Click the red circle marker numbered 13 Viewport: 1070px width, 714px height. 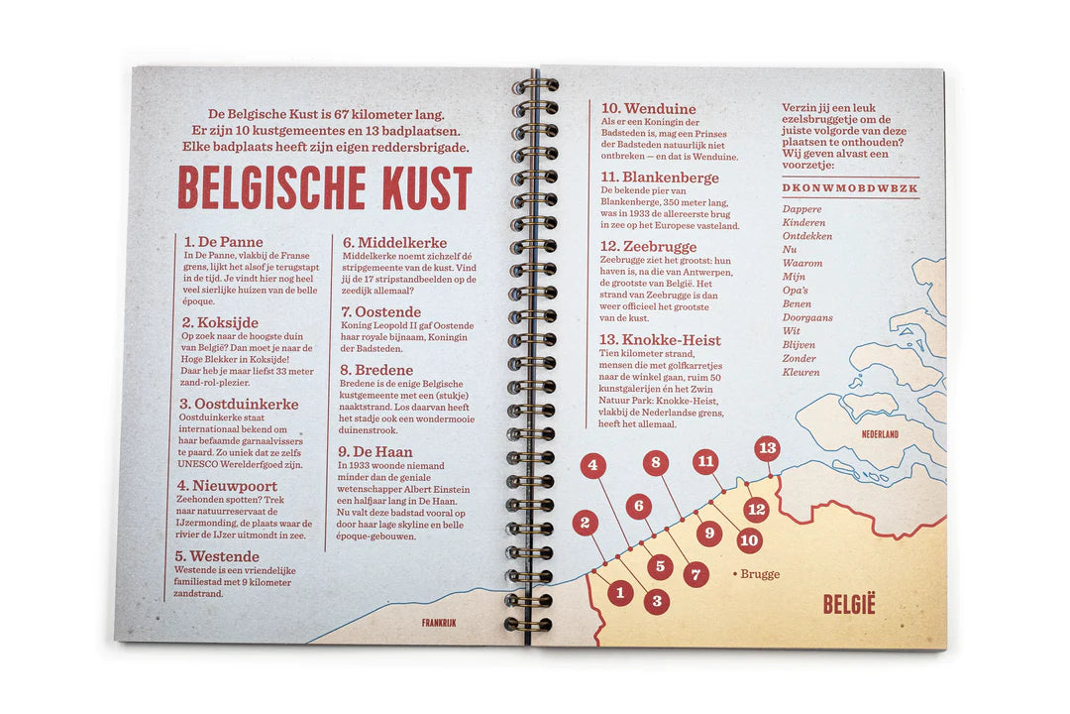(766, 448)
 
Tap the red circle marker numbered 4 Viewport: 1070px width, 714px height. (592, 465)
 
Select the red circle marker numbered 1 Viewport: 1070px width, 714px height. (620, 593)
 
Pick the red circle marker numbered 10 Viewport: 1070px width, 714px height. (749, 540)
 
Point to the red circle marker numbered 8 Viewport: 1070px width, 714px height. (655, 462)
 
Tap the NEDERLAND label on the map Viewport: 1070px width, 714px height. (879, 434)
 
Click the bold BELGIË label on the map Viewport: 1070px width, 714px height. (849, 604)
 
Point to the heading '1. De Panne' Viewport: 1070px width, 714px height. (223, 242)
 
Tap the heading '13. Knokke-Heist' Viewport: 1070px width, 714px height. (661, 340)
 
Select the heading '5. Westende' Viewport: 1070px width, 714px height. (217, 556)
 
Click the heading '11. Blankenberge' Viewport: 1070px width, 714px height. (646, 178)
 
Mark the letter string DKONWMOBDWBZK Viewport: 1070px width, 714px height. (850, 188)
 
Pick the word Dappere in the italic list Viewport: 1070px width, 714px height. (802, 209)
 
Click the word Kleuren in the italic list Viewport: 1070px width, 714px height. (801, 372)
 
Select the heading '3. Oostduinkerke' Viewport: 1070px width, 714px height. (239, 404)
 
